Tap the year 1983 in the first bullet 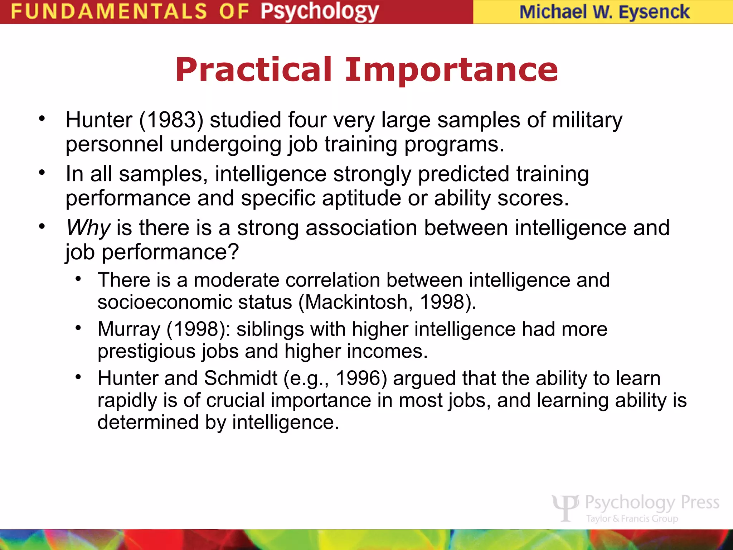171,120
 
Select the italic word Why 88,228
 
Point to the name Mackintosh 356,302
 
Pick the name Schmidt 241,378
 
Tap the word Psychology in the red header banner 319,11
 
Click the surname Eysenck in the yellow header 654,12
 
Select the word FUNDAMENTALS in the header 109,11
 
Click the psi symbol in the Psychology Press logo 565,507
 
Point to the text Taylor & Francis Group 632,518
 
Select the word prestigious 146,351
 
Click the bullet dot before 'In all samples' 42,173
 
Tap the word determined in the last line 148,422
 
